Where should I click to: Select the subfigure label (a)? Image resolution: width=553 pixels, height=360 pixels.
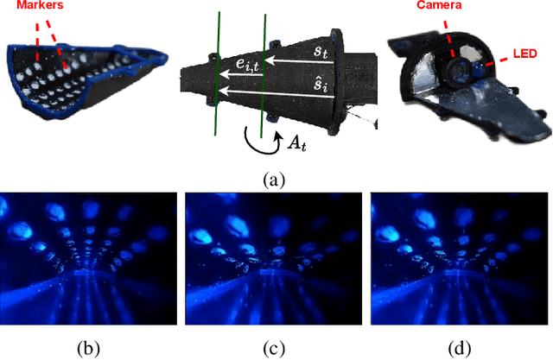(274, 180)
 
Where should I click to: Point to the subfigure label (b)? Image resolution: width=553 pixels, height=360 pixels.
(88, 349)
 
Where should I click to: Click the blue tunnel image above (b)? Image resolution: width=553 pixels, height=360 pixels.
(89, 259)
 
